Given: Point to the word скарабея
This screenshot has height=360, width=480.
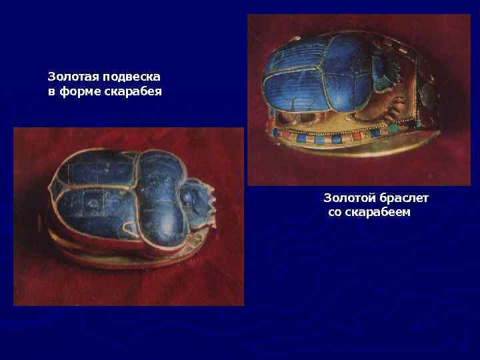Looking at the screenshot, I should pyautogui.click(x=133, y=91).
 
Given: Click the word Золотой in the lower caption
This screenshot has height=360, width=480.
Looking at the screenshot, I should pyautogui.click(x=349, y=198).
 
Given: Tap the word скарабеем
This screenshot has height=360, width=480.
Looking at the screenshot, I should pyautogui.click(x=378, y=212).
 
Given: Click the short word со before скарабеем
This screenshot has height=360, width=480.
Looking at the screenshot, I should pyautogui.click(x=335, y=212).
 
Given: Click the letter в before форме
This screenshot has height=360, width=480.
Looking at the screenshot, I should pyautogui.click(x=51, y=91).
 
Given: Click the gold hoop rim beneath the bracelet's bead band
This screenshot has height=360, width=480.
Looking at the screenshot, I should pyautogui.click(x=347, y=157).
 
